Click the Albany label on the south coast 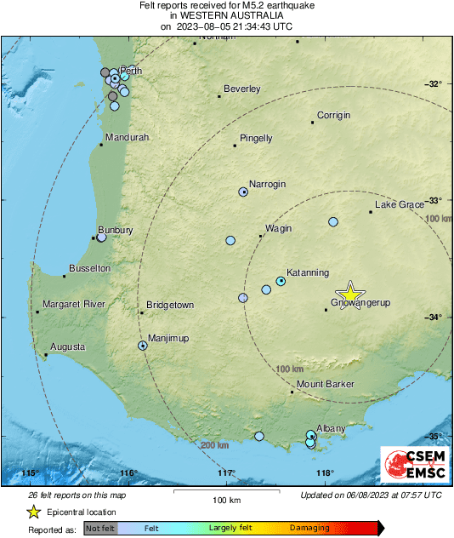331,428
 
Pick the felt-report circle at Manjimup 143,346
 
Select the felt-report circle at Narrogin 242,192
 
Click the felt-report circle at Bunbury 101,238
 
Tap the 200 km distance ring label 213,445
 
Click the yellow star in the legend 34,512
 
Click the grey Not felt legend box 100,529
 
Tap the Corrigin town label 334,115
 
